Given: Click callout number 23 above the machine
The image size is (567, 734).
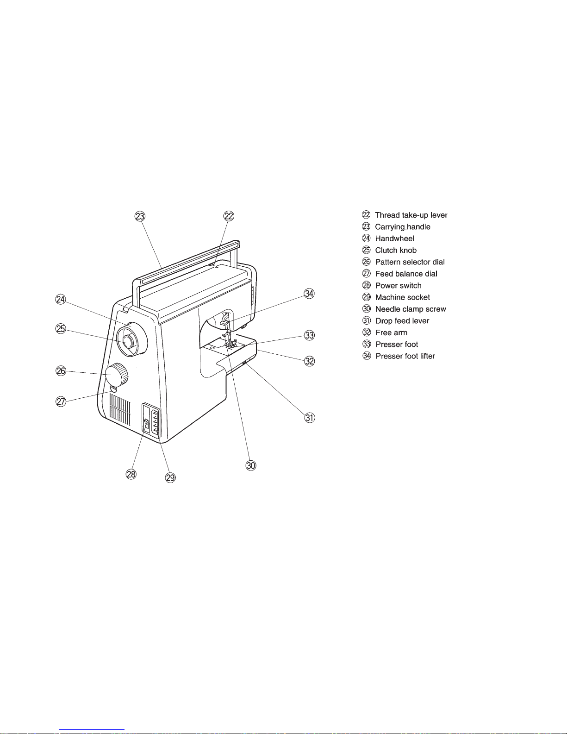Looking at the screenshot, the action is pos(140,216).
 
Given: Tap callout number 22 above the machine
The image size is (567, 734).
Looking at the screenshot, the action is pos(229,216).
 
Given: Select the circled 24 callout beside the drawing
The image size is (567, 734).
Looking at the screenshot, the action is pos(61,299).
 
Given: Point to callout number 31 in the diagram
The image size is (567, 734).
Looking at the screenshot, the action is pos(310,418).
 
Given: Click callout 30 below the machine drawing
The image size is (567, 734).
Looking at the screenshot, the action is pos(251,466).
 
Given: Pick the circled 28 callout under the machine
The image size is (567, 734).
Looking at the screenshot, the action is pos(131,474).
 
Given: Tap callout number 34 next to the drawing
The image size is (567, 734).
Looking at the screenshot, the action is pos(309,294).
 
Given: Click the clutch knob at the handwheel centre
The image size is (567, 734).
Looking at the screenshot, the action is pos(128,342).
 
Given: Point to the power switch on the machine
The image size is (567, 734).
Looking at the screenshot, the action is pos(146,424).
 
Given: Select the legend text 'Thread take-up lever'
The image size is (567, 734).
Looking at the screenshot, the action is pos(411,215).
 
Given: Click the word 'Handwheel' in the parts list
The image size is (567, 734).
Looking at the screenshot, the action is pos(394,238).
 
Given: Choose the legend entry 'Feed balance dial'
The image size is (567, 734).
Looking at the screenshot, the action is pos(406,274).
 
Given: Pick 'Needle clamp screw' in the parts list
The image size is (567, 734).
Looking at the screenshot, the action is pos(411,309).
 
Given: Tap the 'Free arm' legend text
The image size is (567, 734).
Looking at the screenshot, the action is pos(392,332).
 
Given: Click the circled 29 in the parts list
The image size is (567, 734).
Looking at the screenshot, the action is pos(367,297).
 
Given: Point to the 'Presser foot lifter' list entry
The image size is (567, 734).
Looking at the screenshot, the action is pos(405,356).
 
